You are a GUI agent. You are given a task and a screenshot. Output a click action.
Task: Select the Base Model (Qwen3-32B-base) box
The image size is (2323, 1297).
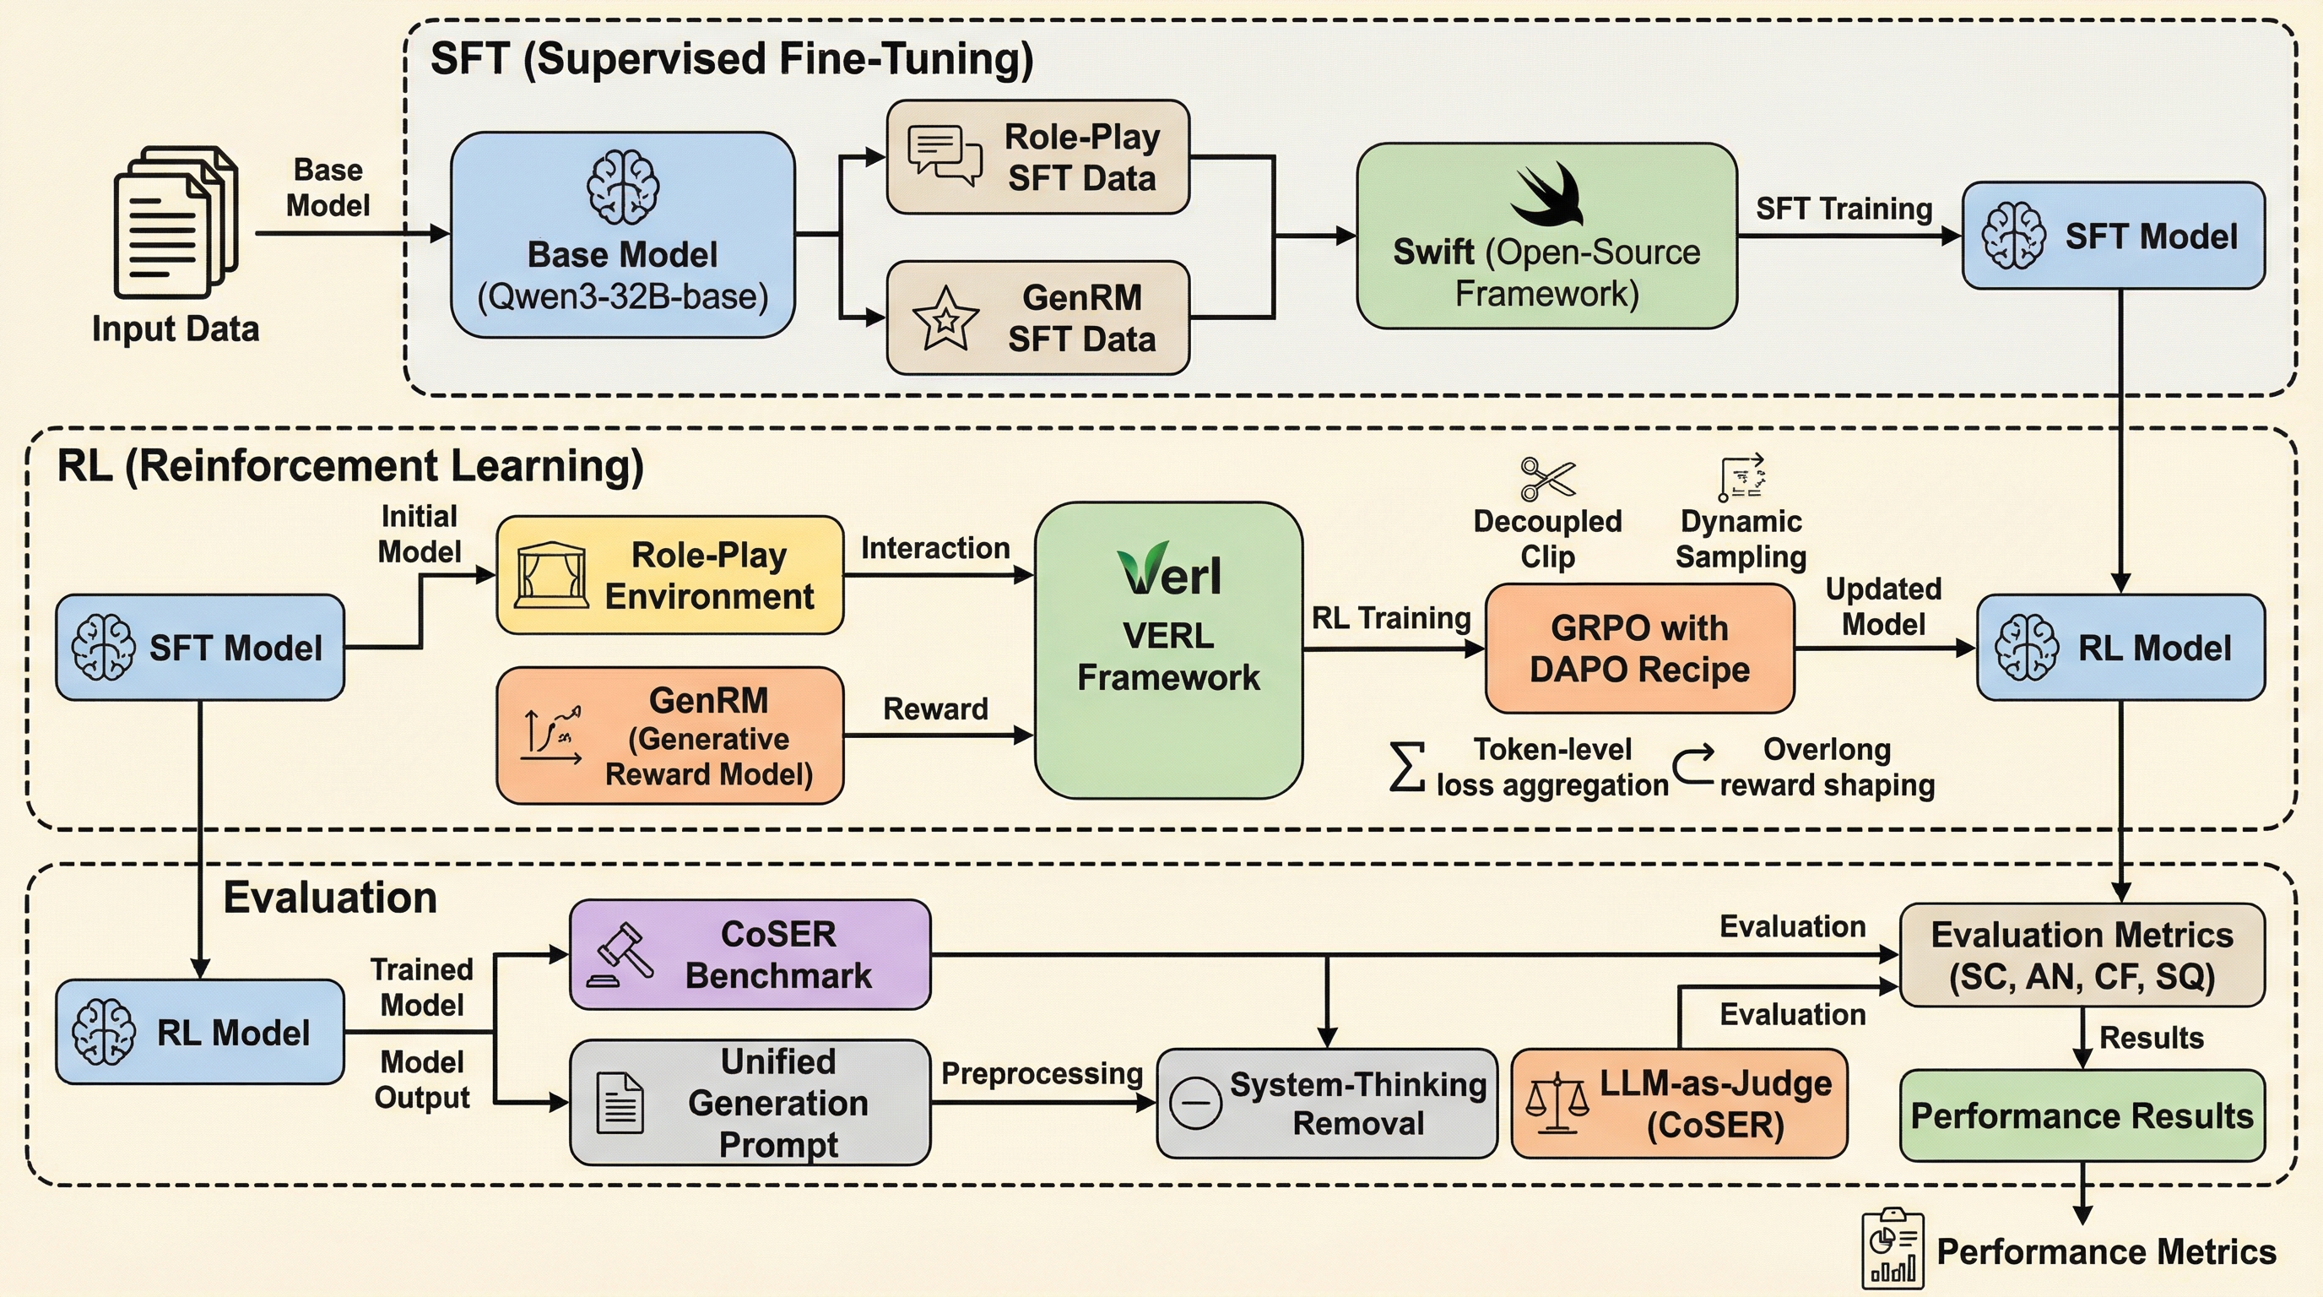coord(622,236)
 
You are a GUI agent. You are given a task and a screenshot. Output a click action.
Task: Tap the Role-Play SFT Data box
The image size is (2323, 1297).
coord(1038,158)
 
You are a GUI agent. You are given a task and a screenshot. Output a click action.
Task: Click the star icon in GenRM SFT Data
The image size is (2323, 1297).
coord(945,319)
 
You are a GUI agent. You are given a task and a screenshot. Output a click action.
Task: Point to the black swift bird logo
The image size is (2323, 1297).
coord(1546,195)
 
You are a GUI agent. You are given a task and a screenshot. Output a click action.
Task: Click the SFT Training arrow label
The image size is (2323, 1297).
coord(1844,209)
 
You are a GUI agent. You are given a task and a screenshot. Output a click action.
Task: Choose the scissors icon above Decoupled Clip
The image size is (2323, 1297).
coord(1546,479)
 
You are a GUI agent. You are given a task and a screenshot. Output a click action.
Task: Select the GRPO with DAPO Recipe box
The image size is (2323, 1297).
coord(1638,648)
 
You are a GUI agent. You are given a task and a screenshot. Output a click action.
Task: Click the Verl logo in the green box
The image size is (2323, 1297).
coord(1170,571)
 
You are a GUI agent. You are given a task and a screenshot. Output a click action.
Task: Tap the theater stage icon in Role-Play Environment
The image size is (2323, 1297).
coord(551,575)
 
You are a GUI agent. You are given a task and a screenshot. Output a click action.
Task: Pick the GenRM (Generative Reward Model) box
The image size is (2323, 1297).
coord(670,736)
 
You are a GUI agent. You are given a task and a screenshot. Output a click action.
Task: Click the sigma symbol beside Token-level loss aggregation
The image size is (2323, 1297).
coord(1407,767)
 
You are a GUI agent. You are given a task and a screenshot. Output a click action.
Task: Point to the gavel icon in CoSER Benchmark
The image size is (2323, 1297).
coord(621,954)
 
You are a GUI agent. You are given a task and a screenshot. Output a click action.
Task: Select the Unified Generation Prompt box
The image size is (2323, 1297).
coord(750,1102)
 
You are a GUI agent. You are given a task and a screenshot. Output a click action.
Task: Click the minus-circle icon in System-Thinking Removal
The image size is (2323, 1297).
coord(1195,1103)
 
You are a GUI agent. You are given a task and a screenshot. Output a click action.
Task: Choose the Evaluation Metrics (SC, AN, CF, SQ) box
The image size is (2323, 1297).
coord(2082,955)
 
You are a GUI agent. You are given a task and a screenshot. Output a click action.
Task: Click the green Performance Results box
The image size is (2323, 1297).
coord(2082,1115)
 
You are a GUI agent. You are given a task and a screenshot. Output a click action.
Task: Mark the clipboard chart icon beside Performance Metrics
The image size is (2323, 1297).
coord(1892,1249)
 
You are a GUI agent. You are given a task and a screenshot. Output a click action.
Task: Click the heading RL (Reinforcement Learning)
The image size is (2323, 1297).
coord(350,466)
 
